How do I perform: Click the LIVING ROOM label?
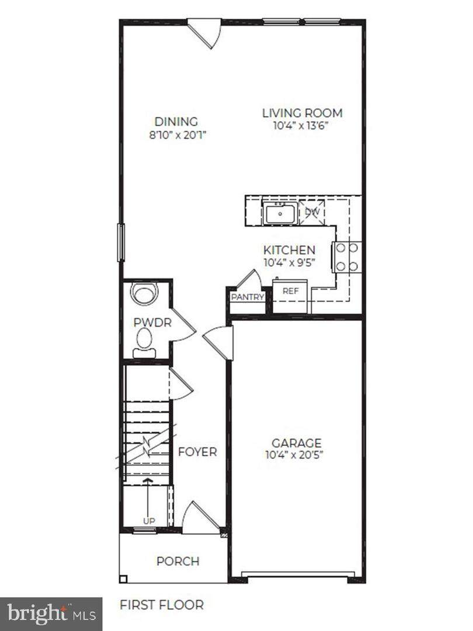[302, 113]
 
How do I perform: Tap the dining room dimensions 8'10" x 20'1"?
[178, 135]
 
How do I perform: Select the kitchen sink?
[280, 213]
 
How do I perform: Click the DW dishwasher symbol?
[312, 212]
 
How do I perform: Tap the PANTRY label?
[248, 297]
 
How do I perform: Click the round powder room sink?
[143, 294]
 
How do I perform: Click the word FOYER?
[197, 452]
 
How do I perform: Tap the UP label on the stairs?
[149, 521]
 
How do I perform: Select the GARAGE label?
[297, 443]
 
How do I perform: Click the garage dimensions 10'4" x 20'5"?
[294, 455]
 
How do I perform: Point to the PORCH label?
[178, 561]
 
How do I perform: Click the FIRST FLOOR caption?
[162, 605]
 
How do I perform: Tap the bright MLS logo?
[51, 614]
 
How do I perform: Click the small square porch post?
[123, 580]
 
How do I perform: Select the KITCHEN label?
[289, 250]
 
